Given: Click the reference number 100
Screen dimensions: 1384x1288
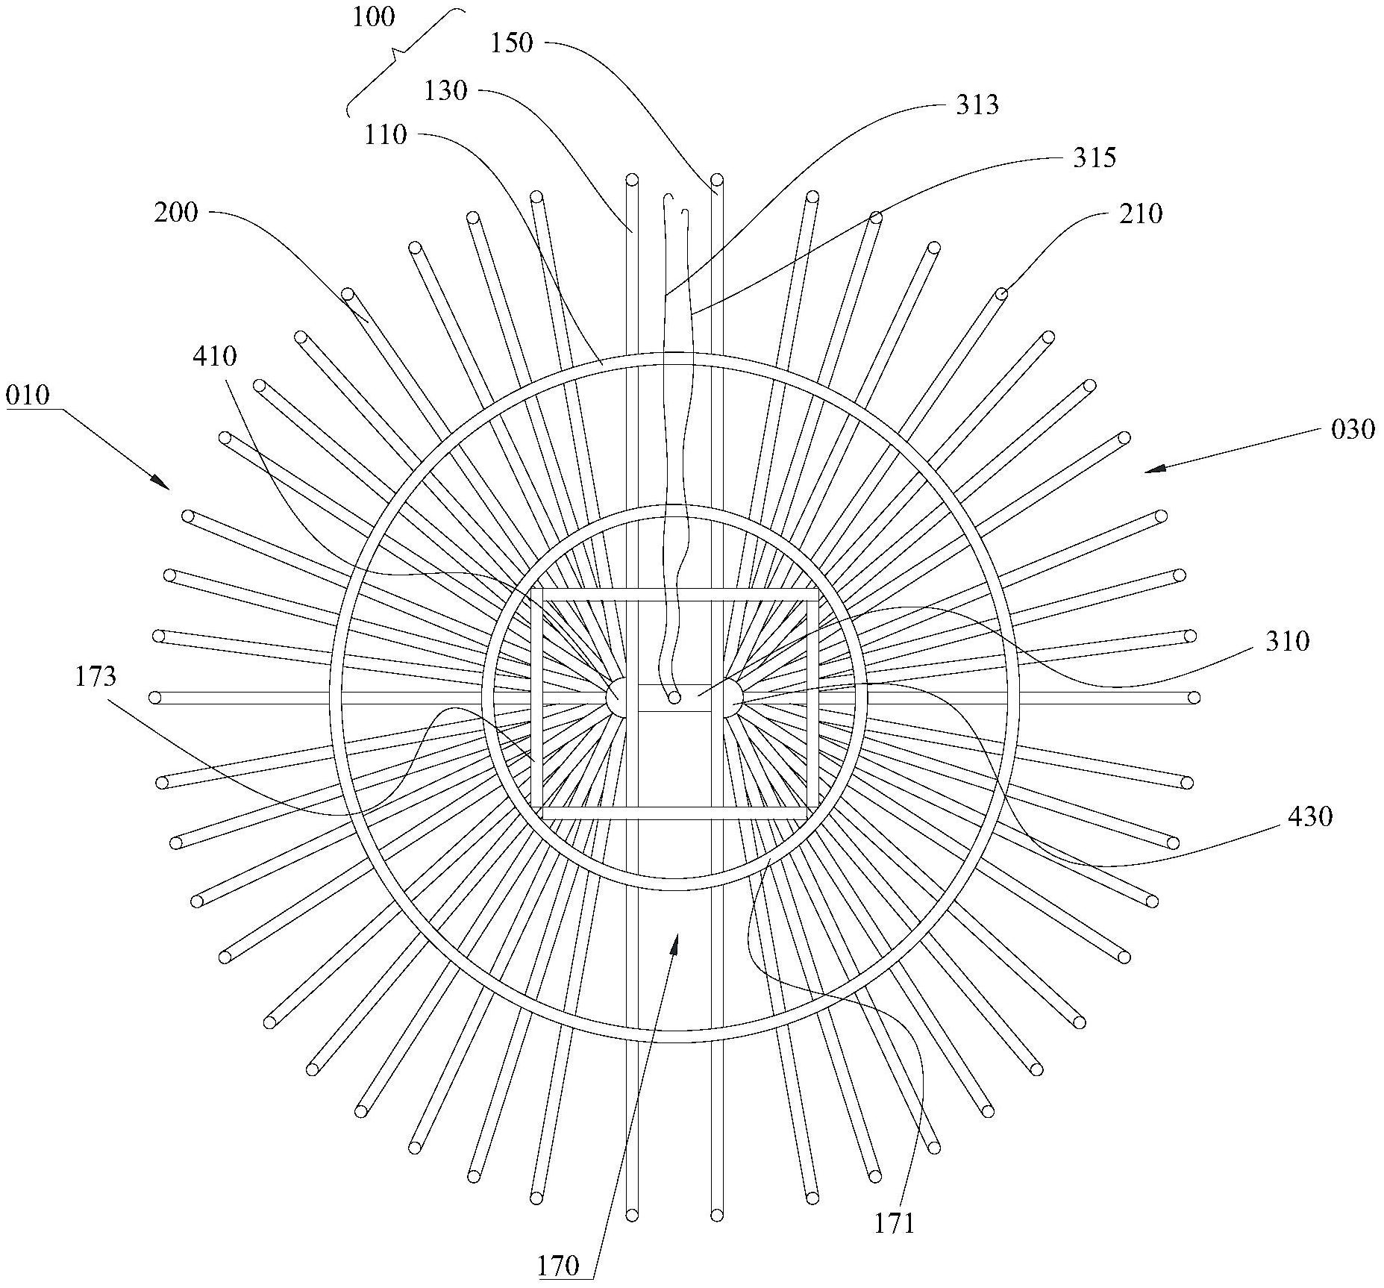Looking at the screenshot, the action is [374, 17].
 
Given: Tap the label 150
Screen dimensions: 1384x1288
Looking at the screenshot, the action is [512, 43].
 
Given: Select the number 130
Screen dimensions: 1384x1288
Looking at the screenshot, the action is [445, 92].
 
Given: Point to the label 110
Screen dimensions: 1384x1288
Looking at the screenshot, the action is [386, 135].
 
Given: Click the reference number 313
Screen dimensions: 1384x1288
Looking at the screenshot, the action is [977, 105].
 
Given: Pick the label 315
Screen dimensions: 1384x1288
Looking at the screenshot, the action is [1095, 157].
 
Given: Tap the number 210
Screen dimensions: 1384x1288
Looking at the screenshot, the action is [1141, 214].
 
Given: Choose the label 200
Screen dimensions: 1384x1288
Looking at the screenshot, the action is [176, 213].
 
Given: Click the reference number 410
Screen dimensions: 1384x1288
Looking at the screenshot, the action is [215, 357].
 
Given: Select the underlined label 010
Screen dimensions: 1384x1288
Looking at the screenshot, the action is [28, 396].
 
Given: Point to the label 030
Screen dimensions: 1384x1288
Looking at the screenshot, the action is [1353, 429].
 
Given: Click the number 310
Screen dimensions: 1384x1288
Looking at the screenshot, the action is [1288, 641].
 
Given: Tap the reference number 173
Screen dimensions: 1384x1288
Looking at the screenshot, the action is [95, 677].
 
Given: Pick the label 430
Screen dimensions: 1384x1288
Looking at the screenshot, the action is [1310, 817].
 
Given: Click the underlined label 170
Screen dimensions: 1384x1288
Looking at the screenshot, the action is [558, 1266].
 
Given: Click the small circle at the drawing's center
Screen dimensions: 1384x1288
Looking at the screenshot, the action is [674, 698].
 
